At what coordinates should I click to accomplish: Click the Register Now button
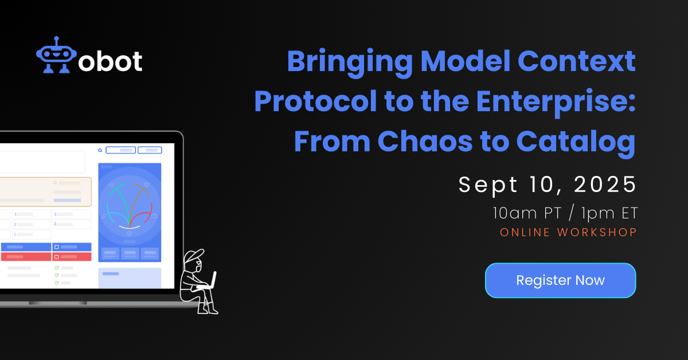point(560,280)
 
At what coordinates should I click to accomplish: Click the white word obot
point(110,61)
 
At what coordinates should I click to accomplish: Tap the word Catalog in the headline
point(576,143)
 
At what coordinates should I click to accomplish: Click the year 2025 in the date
point(604,185)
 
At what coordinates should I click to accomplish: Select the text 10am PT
point(527,213)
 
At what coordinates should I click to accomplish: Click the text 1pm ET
point(609,213)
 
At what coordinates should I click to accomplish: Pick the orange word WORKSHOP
point(597,232)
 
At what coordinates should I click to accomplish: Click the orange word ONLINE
point(525,232)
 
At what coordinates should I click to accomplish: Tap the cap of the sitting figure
point(194,256)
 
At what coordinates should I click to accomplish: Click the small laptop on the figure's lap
point(209,281)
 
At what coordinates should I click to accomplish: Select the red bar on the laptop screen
point(46,256)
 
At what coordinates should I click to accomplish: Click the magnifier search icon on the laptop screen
point(100,150)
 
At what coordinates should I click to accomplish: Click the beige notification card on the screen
point(45,191)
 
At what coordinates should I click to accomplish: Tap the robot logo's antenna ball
point(56,38)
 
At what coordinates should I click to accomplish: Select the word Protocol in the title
point(315,101)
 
